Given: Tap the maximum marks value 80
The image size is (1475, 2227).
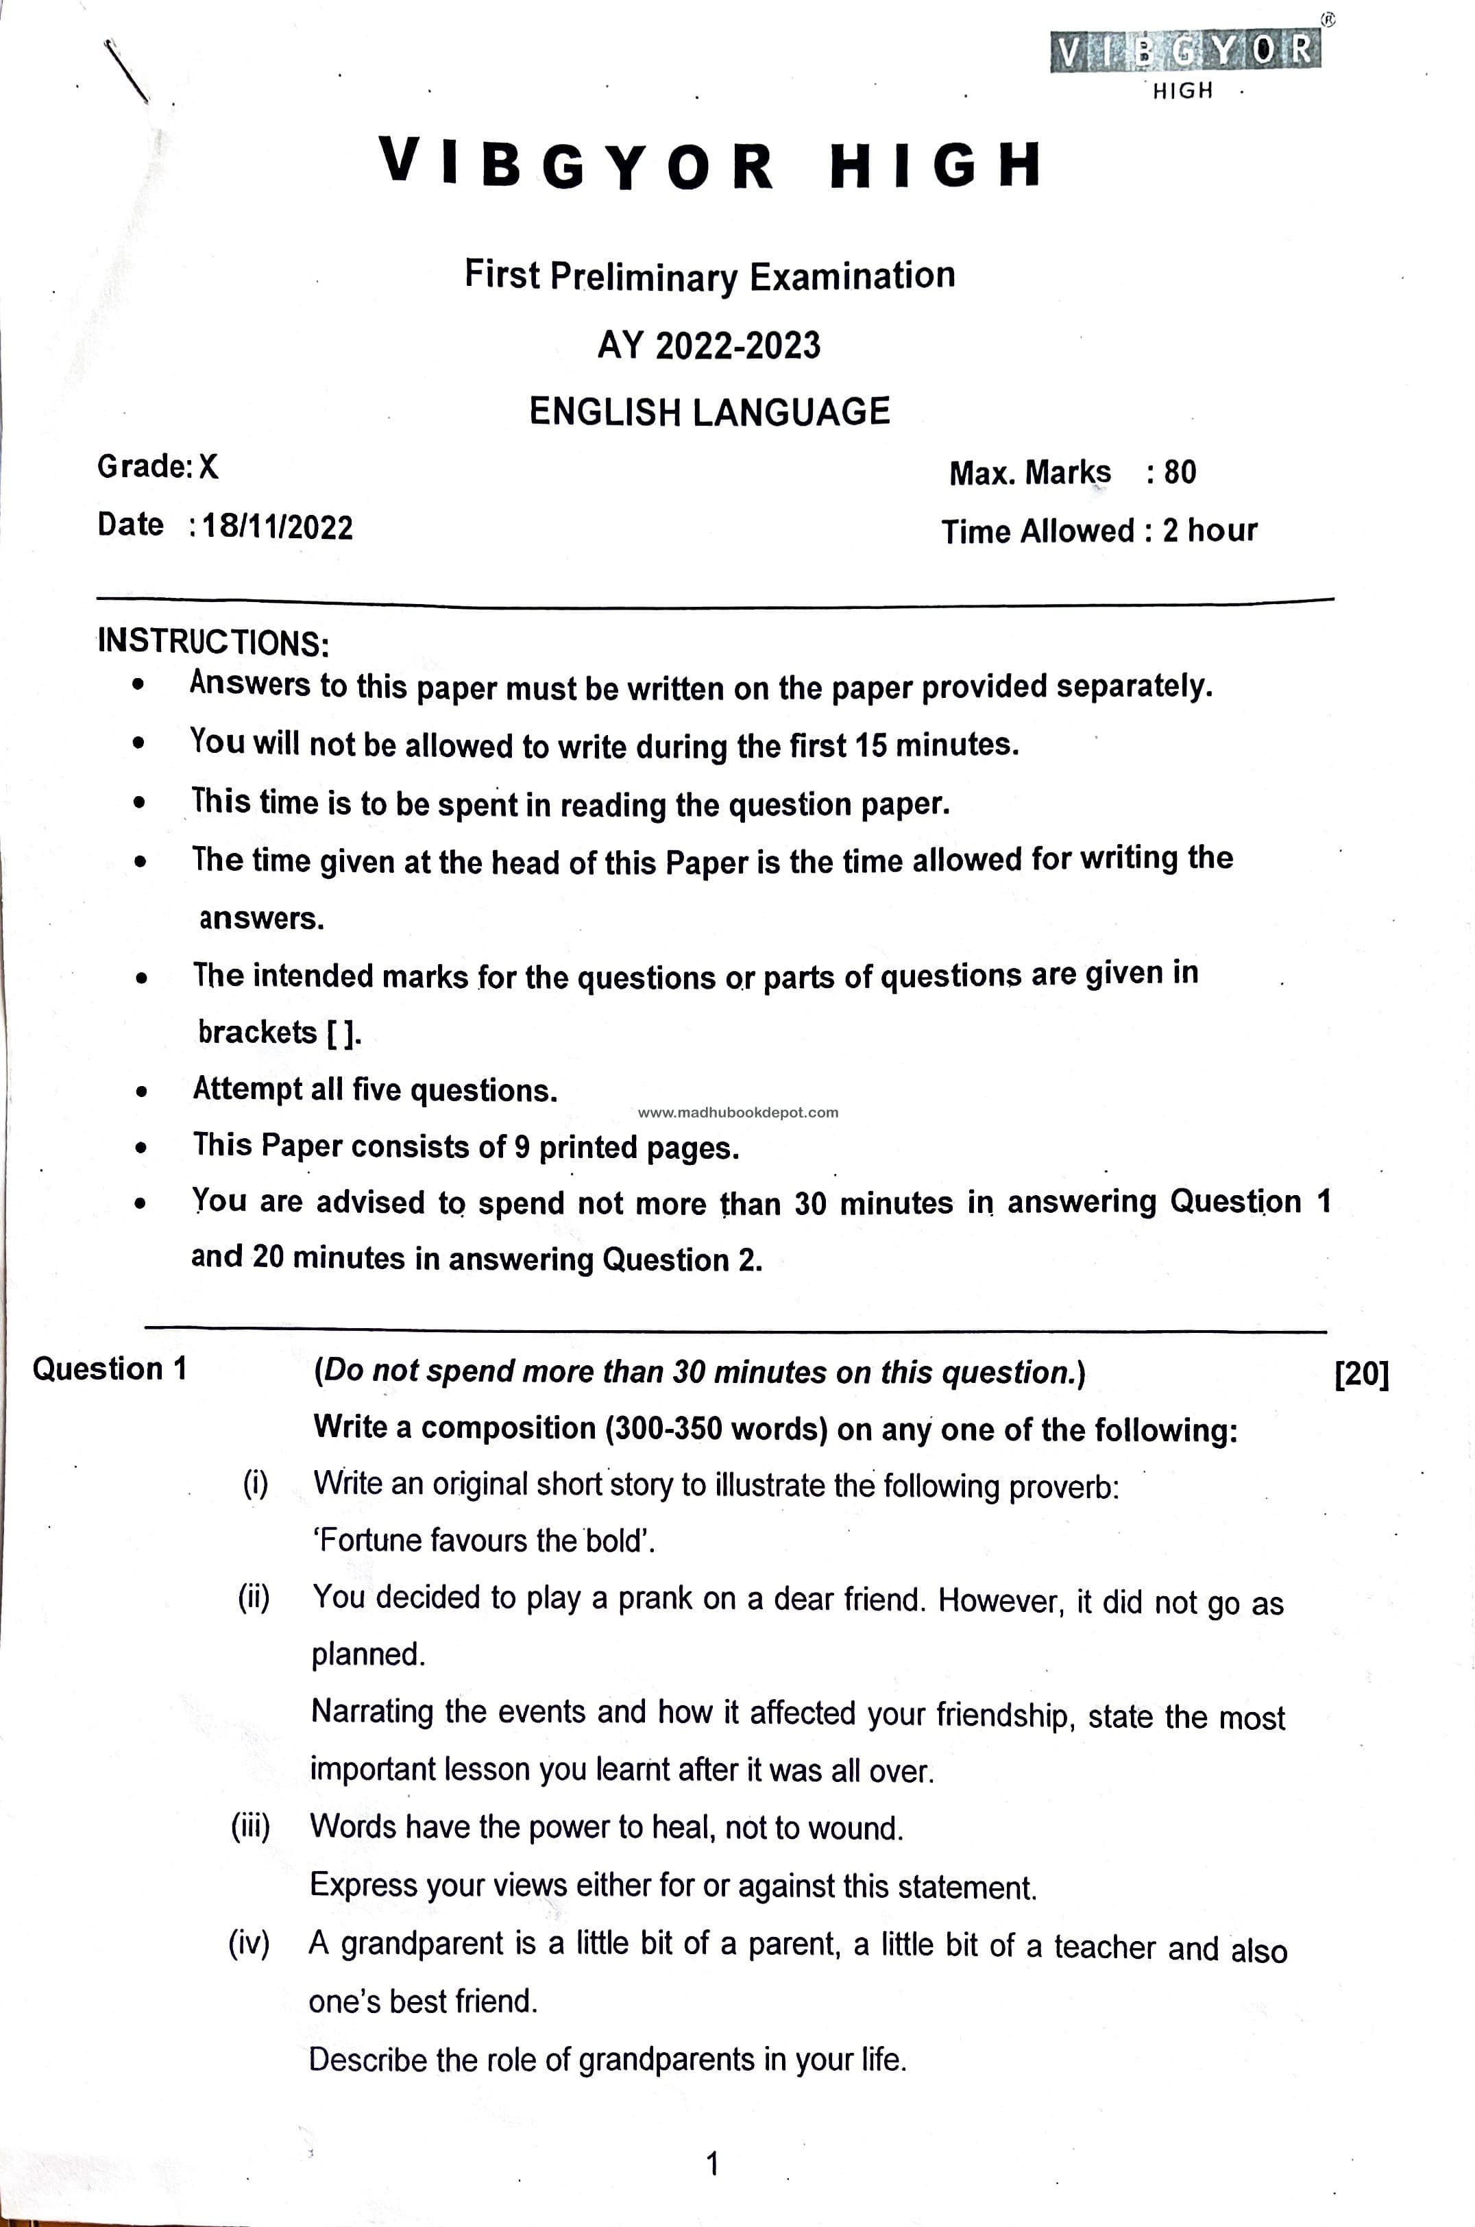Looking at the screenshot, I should click(x=1180, y=472).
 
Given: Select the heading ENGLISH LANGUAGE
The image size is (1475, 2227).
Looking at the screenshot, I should click(x=709, y=412).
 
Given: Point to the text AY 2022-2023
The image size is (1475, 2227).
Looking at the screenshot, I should click(x=709, y=346).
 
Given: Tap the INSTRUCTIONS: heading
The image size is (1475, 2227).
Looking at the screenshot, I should click(x=214, y=642).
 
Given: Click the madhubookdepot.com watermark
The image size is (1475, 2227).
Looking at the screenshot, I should click(x=737, y=1112).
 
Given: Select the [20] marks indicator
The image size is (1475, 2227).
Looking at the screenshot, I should click(x=1361, y=1373).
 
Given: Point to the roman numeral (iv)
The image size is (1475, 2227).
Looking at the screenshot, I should click(x=249, y=1943).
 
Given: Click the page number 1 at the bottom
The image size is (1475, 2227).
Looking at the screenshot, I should click(x=712, y=2163).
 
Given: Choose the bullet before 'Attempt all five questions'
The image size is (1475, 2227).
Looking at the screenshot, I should click(x=141, y=1092).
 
